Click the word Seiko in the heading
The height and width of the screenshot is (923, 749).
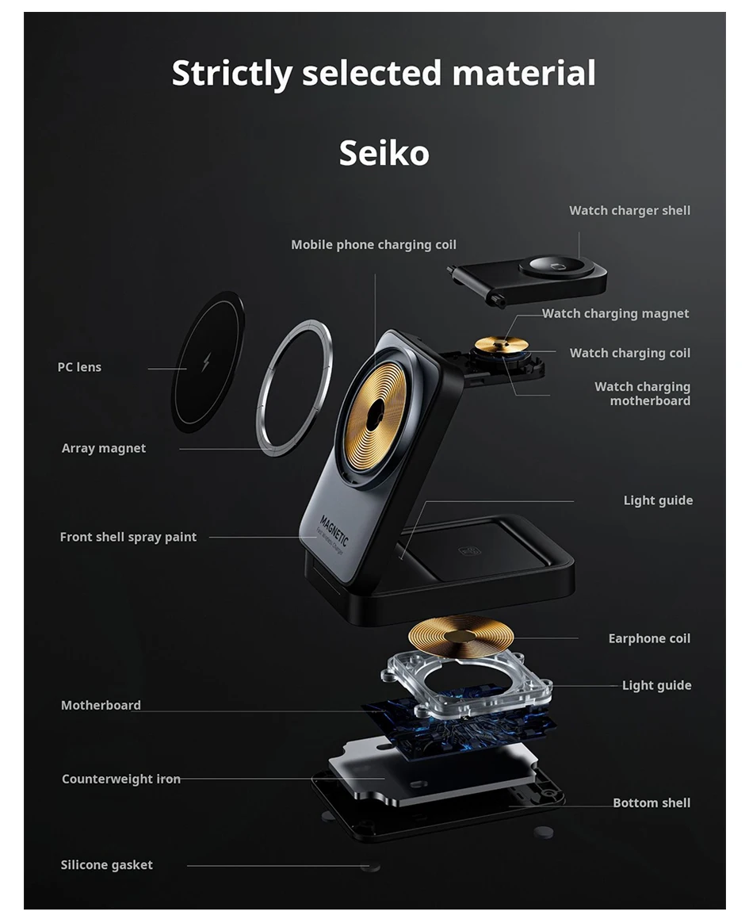[384, 152]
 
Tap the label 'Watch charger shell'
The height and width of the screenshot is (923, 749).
[629, 210]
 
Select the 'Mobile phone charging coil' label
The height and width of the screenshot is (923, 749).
[373, 244]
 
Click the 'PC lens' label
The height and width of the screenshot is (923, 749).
[79, 367]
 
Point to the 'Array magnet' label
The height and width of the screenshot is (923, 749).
[104, 448]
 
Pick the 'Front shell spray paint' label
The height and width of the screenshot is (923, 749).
[128, 537]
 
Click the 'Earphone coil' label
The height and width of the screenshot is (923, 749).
[649, 638]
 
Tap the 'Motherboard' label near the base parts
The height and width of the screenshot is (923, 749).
[101, 705]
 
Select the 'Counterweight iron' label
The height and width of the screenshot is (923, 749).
[121, 779]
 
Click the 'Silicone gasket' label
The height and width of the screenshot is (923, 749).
[107, 864]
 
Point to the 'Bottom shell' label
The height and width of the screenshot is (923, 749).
[652, 802]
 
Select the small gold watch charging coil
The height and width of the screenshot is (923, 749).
[501, 344]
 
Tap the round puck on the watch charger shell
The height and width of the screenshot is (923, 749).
[556, 266]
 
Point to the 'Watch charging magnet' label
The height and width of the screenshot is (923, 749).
[615, 313]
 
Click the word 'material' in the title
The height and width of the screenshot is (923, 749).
[524, 73]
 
